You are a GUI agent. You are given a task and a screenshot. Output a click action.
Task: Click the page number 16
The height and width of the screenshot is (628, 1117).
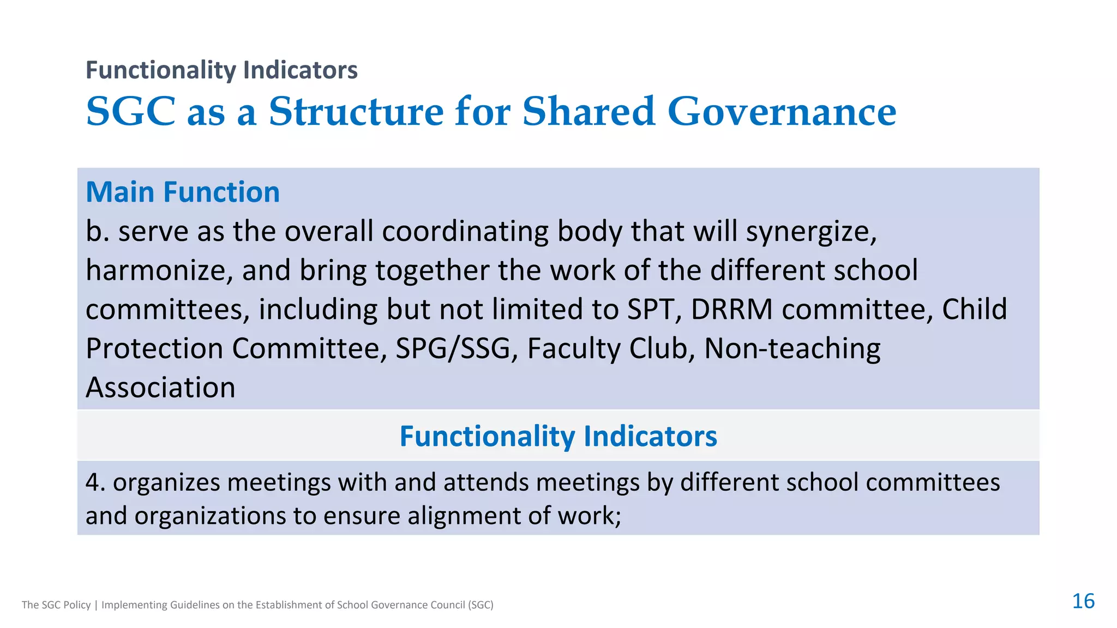1083,601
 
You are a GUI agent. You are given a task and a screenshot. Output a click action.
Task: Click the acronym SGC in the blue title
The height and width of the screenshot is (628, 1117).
130,112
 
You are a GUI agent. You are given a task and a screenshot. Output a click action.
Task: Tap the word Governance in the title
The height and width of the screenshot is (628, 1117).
782,112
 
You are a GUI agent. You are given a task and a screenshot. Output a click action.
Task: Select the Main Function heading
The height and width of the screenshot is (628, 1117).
183,192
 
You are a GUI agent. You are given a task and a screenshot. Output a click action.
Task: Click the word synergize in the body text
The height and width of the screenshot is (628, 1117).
810,232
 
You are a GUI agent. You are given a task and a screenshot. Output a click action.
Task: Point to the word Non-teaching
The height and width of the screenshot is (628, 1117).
792,349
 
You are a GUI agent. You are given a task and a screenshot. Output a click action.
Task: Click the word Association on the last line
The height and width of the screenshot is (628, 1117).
160,388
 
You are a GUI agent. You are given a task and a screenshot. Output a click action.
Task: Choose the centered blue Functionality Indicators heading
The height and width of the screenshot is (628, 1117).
558,436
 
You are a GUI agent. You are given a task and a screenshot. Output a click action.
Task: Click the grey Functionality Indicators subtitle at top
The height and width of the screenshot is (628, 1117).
221,70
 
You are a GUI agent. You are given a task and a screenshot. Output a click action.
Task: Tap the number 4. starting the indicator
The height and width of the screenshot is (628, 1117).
95,482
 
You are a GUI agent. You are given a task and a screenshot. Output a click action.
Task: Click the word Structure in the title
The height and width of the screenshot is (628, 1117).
356,112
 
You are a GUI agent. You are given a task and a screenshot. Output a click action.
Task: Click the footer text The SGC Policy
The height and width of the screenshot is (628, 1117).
56,605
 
